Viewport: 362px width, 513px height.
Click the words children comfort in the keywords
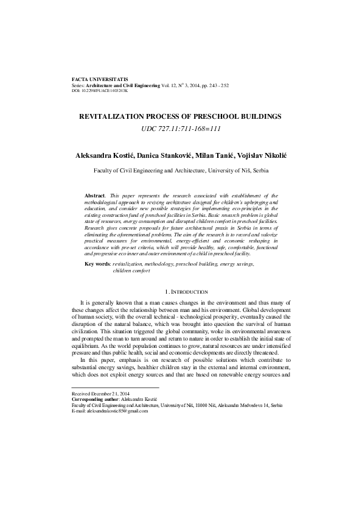pyautogui.click(x=131, y=270)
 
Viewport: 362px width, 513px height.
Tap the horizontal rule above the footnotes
pyautogui.click(x=115, y=387)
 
